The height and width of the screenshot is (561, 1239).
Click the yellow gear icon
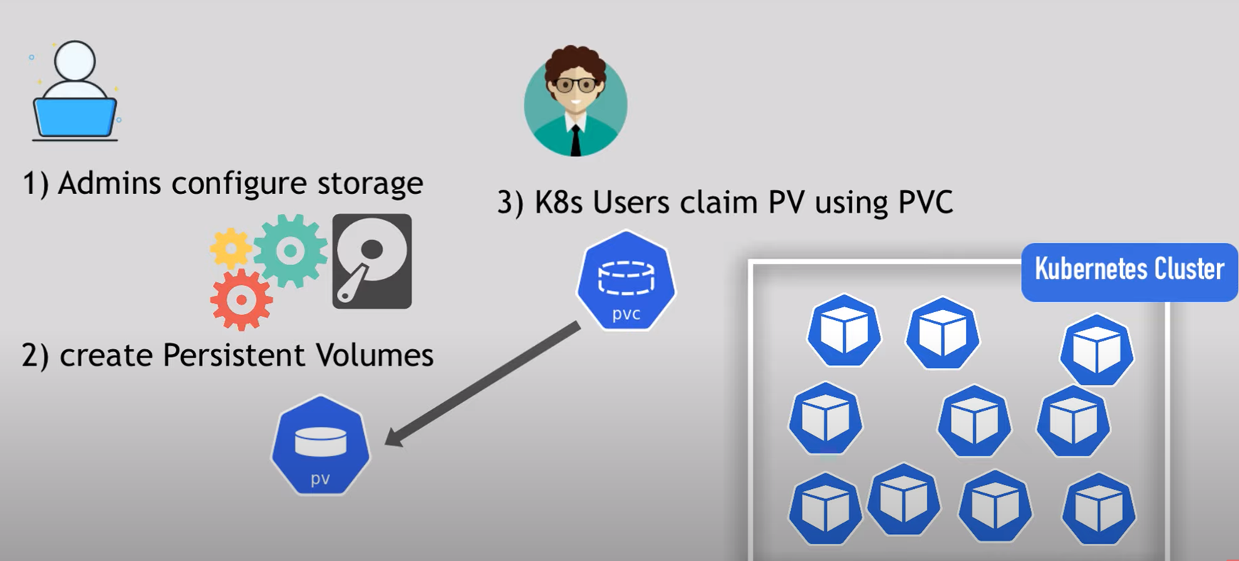coord(230,248)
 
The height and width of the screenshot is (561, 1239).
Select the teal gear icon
coord(290,250)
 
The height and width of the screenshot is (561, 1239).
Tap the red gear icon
coord(242,300)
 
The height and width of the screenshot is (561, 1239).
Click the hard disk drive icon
coord(372,261)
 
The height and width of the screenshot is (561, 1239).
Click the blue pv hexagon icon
coord(321,446)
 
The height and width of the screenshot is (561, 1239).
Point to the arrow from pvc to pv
coord(484,384)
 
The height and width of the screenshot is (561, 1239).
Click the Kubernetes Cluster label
coord(1129,270)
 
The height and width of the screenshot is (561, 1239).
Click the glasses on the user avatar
coord(575,86)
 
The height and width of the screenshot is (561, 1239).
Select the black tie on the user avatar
coord(576,140)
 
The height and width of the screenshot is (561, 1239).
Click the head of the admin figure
coord(75,60)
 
